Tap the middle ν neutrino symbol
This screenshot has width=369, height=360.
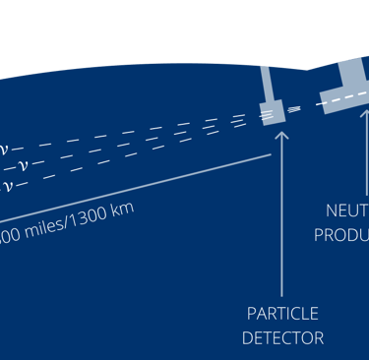(x=22, y=165)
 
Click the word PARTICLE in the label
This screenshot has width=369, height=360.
(x=282, y=314)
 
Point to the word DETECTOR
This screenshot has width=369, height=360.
(x=282, y=338)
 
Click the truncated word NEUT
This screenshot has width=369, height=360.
(x=346, y=210)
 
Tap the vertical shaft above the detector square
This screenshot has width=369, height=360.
(x=266, y=83)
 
